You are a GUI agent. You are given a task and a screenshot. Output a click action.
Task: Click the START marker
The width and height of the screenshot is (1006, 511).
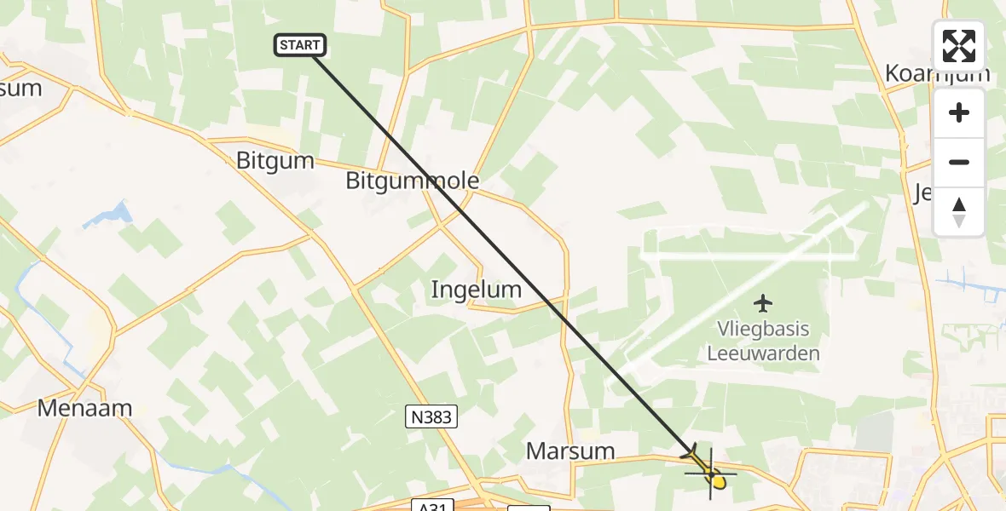tap(299, 45)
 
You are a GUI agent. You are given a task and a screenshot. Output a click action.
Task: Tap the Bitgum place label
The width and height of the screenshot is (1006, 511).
tap(275, 161)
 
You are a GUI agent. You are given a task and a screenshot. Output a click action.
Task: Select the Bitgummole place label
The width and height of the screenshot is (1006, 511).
tap(413, 181)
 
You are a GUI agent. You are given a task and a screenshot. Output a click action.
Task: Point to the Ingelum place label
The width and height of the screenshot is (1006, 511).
tap(477, 290)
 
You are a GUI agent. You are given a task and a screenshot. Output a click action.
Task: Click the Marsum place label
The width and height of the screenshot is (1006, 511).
tap(570, 451)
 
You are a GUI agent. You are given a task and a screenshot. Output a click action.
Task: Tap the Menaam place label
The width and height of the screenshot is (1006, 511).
tap(85, 408)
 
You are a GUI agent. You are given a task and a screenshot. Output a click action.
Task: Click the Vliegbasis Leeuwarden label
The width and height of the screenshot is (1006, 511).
tap(763, 341)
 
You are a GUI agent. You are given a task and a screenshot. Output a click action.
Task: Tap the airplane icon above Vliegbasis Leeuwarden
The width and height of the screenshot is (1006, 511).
tap(763, 302)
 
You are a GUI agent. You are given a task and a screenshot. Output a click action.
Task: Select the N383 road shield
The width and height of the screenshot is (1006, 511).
tap(431, 416)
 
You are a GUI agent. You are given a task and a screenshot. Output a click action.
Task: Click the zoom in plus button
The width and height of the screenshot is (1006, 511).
tap(959, 112)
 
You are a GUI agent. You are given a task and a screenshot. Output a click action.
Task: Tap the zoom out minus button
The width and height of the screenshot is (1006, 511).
tap(959, 162)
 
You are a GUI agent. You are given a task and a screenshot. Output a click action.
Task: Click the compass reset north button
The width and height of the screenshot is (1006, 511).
tap(959, 211)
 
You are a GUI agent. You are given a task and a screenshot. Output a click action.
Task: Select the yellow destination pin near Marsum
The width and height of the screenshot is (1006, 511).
tap(718, 482)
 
